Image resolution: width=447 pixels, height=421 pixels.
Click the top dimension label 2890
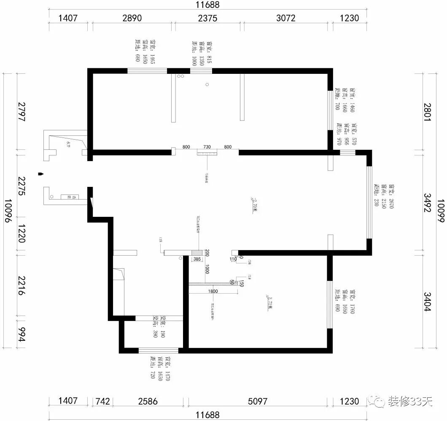coord(132,18)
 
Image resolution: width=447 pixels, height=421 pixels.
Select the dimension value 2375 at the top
coord(207,18)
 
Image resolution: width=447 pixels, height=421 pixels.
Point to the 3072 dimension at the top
coord(286,18)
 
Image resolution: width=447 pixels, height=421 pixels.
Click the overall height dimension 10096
coord(8,211)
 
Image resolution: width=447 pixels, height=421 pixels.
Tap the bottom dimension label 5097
coord(257,401)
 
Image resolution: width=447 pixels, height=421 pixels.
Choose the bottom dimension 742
coord(102,401)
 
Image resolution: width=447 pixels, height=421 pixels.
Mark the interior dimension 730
coord(207,147)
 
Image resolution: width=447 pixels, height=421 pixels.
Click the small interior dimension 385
coord(197,259)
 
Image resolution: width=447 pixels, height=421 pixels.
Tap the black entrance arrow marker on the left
coord(40,173)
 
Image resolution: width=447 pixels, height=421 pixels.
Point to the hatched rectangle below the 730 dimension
coord(207,152)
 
